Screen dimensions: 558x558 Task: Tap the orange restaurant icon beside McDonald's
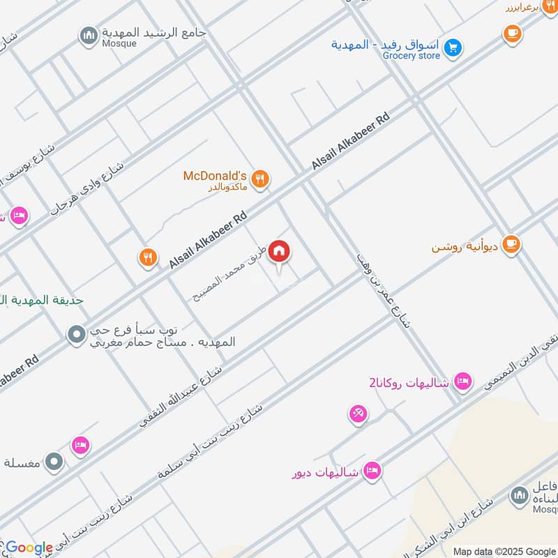point(261,179)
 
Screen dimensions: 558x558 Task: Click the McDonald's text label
point(215,176)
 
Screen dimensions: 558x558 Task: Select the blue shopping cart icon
point(453,47)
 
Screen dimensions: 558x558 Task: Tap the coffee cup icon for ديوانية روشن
point(511,245)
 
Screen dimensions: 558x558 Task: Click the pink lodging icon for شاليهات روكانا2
point(461,382)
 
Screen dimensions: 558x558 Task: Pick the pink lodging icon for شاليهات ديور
point(372,472)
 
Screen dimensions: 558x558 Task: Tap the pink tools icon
point(358,414)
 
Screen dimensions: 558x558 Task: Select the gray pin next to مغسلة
point(54,461)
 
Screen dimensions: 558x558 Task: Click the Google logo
point(29,548)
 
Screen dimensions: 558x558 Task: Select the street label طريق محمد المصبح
point(229,273)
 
